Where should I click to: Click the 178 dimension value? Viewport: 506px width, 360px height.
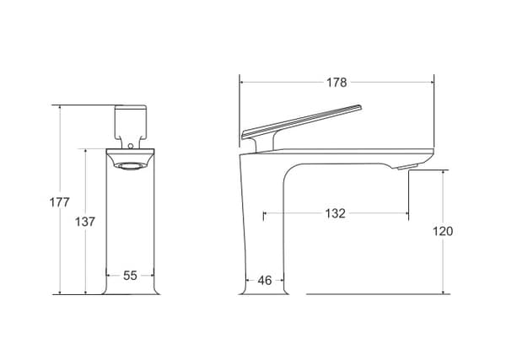336,83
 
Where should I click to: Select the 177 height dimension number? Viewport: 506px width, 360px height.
59,202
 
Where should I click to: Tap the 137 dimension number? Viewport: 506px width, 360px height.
85,222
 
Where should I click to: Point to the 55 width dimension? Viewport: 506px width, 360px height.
130,276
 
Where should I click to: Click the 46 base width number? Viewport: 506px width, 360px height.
265,281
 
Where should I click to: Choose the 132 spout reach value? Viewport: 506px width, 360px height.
336,213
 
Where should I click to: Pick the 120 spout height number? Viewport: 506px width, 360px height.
443,231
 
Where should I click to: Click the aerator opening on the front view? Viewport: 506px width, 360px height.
131,166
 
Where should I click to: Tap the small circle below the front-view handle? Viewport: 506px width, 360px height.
131,146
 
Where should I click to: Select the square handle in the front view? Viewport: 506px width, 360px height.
131,122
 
